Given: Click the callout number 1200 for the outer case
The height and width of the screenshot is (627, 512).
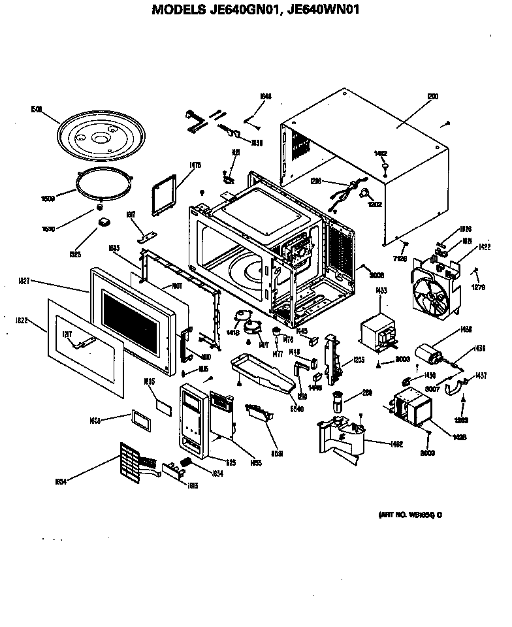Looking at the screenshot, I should tap(432, 96).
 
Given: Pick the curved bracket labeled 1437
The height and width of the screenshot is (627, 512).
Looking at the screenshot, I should tap(454, 390).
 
